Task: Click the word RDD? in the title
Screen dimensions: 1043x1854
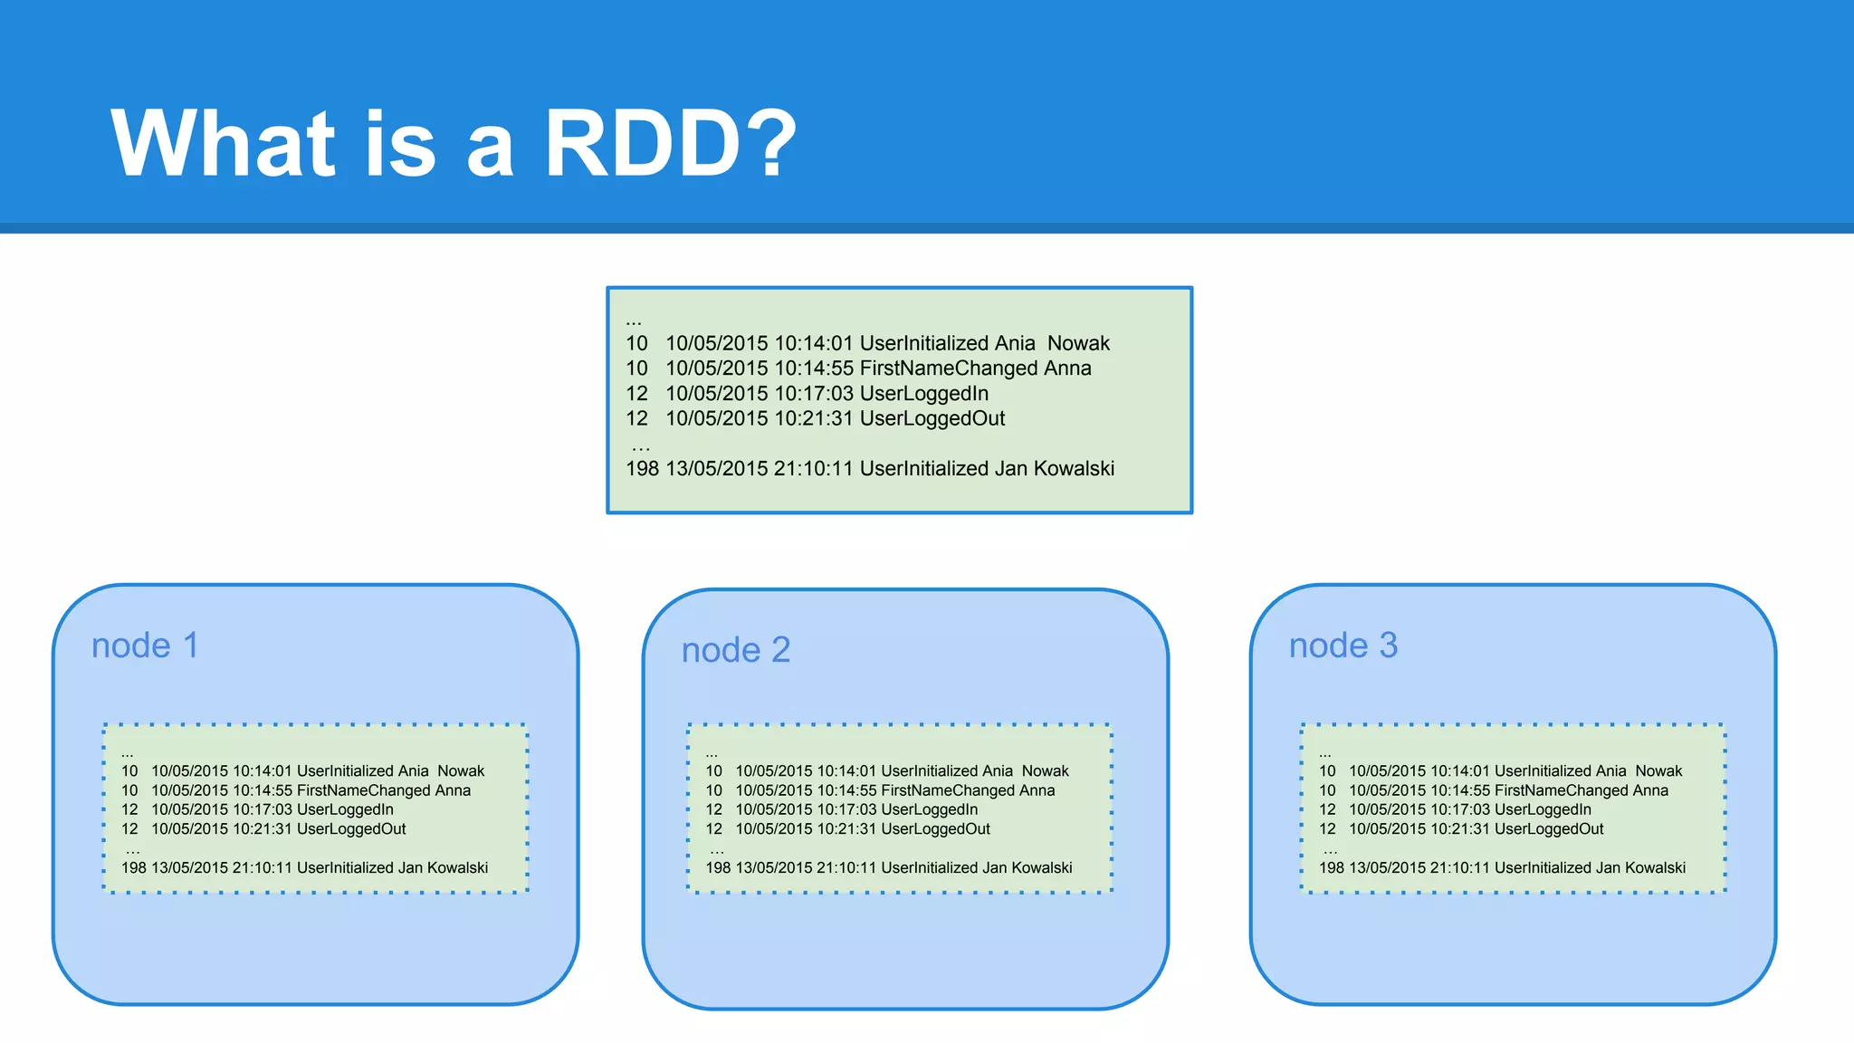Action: tap(670, 143)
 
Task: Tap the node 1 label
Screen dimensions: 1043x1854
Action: tap(145, 646)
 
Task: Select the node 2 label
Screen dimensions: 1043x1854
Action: tap(735, 650)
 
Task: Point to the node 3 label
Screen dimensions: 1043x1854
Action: tap(1343, 646)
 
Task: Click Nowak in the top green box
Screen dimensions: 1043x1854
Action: tap(1078, 343)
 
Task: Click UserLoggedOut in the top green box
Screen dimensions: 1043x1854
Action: tap(932, 418)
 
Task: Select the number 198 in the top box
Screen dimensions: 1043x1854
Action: tap(642, 469)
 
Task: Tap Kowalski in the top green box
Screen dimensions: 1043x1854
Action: tap(1074, 469)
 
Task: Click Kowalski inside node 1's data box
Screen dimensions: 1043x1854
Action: tap(457, 867)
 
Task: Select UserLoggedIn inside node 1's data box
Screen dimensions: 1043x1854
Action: tap(345, 809)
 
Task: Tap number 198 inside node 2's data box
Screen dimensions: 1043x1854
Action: tap(718, 867)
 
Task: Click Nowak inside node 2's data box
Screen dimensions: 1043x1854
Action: tap(1045, 771)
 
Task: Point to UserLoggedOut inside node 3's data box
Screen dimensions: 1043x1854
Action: tap(1549, 829)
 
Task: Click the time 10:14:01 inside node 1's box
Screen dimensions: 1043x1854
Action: tap(262, 771)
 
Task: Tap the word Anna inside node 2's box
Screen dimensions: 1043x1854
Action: tap(1037, 790)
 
